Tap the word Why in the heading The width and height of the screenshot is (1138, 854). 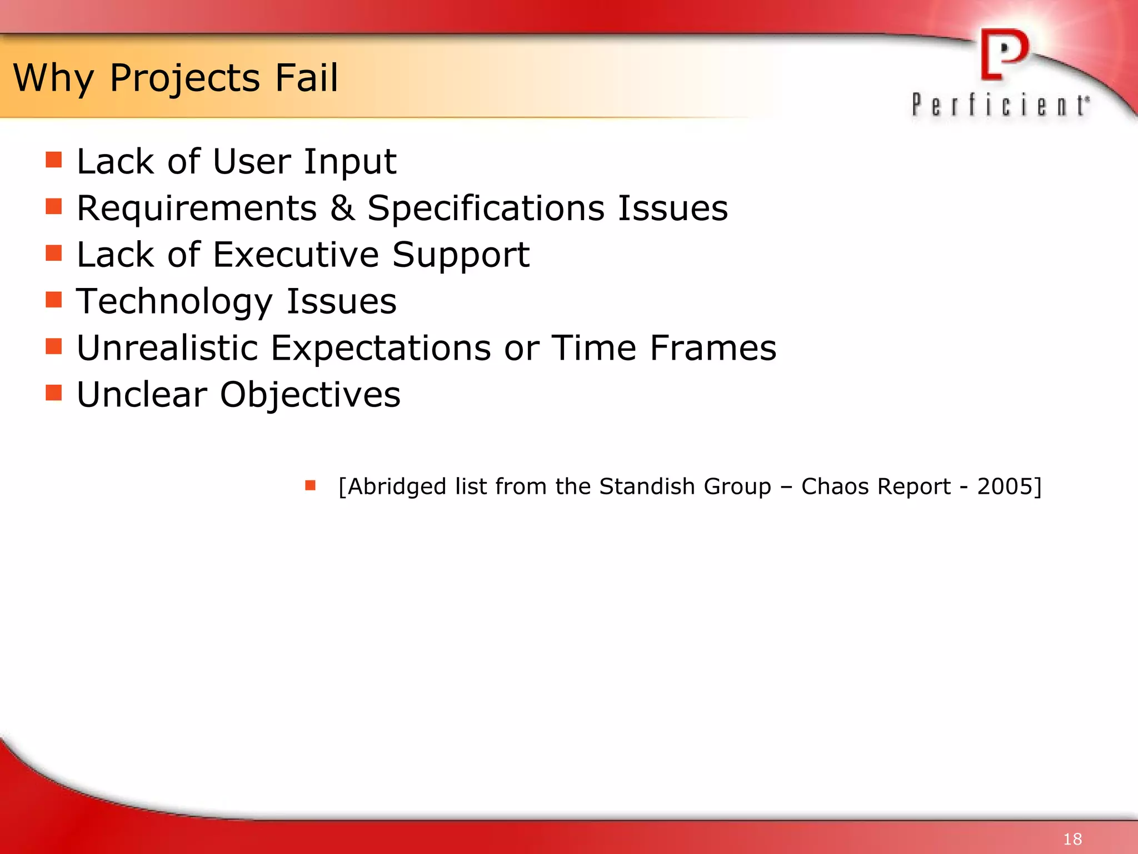tap(53, 78)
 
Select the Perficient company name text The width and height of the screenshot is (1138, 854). tap(1000, 105)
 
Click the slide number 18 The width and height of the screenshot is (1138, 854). tap(1072, 838)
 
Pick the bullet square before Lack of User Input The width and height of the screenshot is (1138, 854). tap(54, 160)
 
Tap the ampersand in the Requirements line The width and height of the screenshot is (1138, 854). tap(342, 208)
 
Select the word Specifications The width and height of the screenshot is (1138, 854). tap(486, 208)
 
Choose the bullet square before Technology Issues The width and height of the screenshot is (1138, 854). tap(54, 300)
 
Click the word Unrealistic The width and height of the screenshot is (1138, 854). tap(167, 348)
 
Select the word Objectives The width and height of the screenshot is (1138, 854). tap(310, 395)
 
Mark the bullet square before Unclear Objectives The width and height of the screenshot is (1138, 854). tap(54, 393)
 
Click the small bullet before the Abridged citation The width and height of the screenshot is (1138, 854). tap(310, 485)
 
